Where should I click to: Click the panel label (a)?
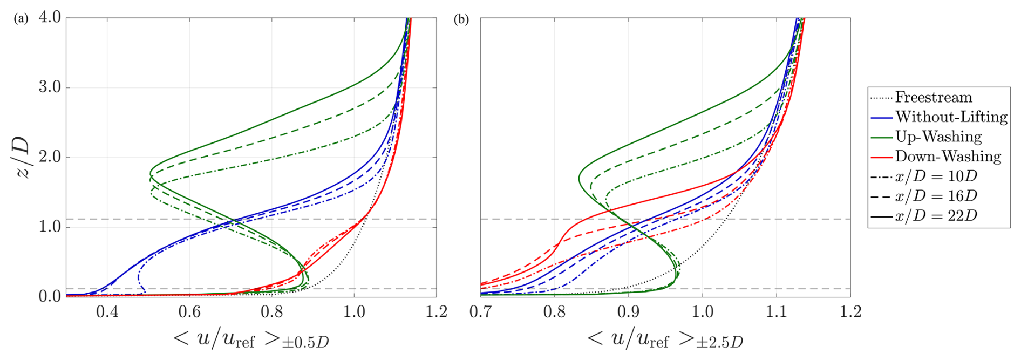(21, 19)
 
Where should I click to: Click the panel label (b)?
(461, 19)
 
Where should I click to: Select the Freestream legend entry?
(934, 97)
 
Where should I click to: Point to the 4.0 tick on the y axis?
(50, 17)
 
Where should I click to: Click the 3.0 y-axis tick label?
(50, 87)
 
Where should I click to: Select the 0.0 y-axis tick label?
(50, 296)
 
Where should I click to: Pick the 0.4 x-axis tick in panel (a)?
(107, 312)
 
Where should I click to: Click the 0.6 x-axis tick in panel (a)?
(189, 312)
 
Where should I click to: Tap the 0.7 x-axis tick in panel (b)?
(480, 312)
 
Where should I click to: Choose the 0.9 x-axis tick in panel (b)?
(628, 312)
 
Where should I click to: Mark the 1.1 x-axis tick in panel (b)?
(776, 312)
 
